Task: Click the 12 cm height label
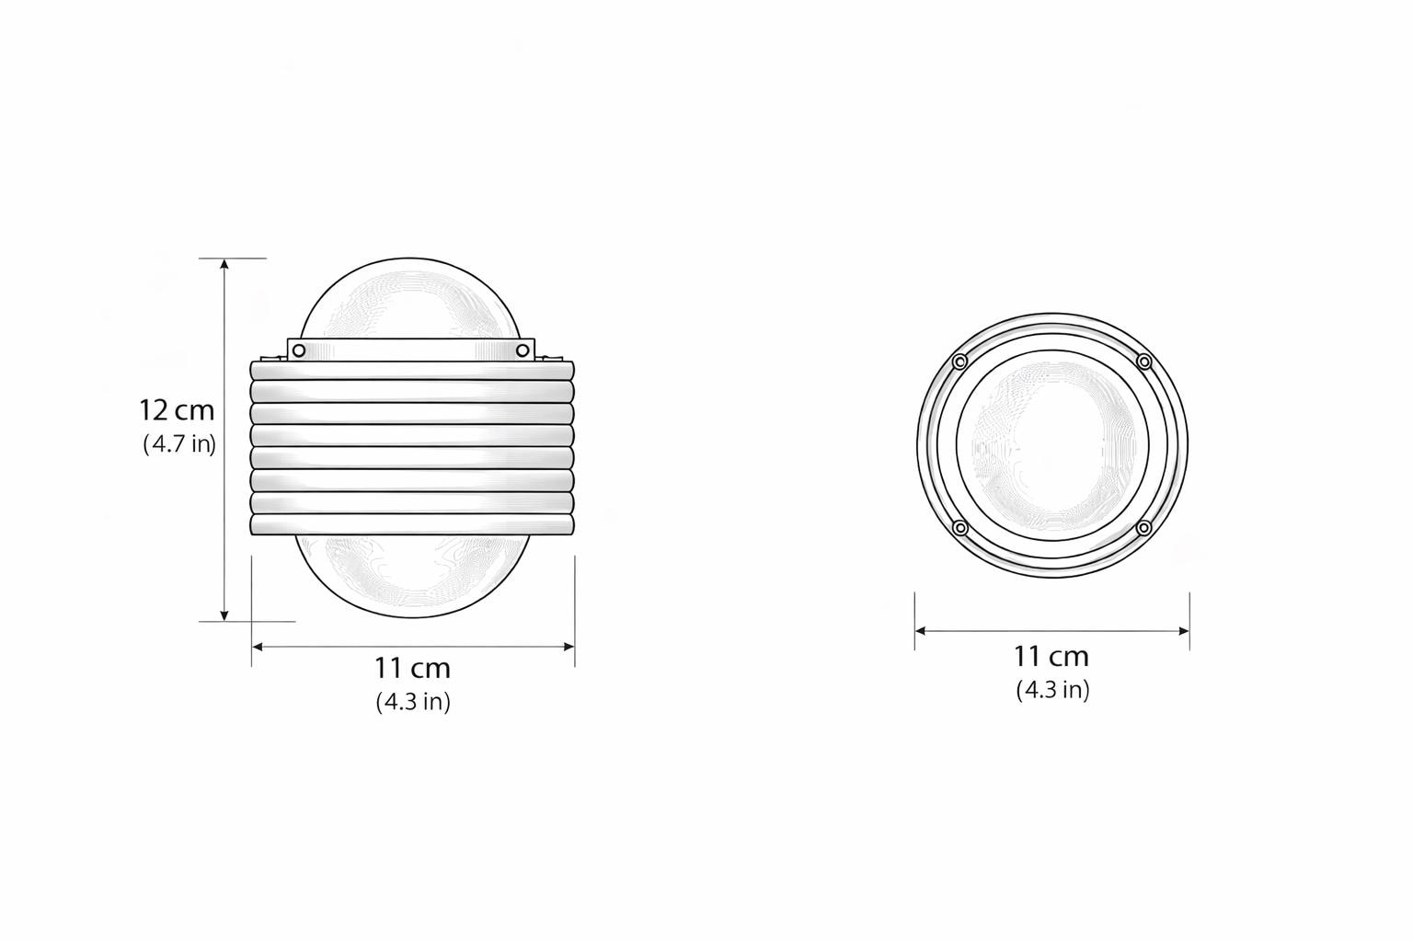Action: coord(177,410)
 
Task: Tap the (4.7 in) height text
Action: coord(179,444)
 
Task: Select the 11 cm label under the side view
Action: coord(412,668)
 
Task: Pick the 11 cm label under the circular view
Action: coord(1051,657)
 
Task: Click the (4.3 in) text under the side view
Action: coord(413,702)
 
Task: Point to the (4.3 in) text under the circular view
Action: coord(1052,690)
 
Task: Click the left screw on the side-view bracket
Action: coord(299,350)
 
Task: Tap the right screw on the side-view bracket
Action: coord(523,350)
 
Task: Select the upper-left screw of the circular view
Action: coord(959,362)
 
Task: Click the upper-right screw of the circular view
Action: coord(1144,362)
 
